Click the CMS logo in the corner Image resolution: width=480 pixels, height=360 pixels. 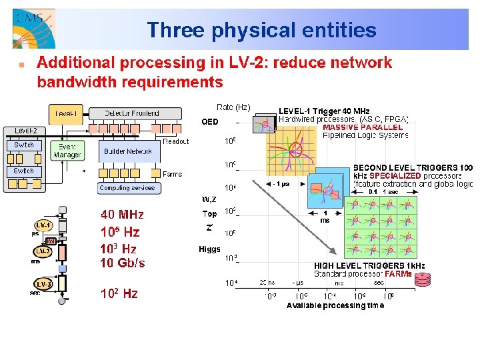(x=33, y=28)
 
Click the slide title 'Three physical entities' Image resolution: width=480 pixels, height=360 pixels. (x=261, y=30)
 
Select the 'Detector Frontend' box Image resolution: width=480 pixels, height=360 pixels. (x=132, y=113)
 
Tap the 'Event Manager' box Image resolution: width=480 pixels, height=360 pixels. (x=67, y=151)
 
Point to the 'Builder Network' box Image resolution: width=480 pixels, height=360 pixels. (x=128, y=151)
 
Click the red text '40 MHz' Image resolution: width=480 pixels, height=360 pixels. (x=122, y=215)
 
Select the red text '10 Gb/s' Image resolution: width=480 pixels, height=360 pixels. (x=122, y=263)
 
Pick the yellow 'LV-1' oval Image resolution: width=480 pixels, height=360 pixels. (x=44, y=225)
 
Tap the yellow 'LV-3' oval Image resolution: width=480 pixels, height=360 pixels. (x=44, y=284)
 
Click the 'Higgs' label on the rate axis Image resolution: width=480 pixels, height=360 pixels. (x=209, y=249)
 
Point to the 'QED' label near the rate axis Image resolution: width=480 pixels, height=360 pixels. (x=209, y=122)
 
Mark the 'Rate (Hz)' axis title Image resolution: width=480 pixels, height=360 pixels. (x=234, y=107)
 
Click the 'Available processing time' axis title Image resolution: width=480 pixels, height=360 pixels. (x=335, y=305)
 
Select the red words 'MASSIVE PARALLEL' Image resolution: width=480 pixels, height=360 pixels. (x=363, y=127)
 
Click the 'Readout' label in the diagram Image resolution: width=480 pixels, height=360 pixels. (x=176, y=141)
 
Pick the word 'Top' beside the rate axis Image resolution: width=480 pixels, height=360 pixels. (x=209, y=214)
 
